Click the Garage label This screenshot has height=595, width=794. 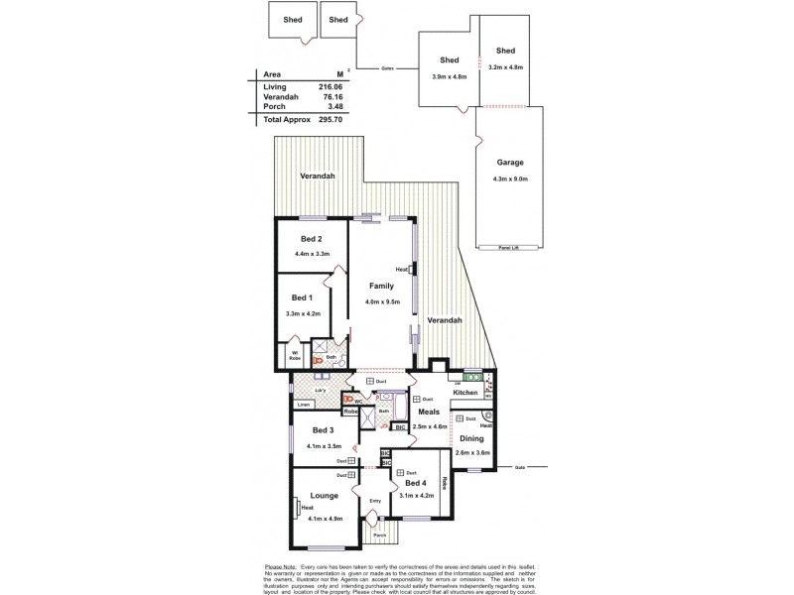(510, 162)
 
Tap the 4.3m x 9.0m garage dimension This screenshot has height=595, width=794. (510, 179)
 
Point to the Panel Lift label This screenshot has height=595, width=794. (510, 249)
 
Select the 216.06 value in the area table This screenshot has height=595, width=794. (331, 87)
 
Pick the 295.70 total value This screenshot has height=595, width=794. (330, 119)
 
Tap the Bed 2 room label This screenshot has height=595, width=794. (311, 238)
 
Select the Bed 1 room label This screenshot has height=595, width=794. (302, 297)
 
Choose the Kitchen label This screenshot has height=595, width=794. (465, 394)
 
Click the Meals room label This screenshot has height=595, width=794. (428, 412)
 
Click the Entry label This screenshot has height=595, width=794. (375, 501)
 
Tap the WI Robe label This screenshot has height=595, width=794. (295, 356)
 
